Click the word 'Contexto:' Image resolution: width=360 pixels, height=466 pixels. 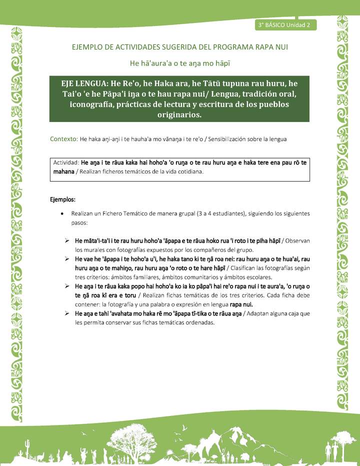pyautogui.click(x=63, y=139)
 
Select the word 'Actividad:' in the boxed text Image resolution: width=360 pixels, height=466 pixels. pyautogui.click(x=66, y=163)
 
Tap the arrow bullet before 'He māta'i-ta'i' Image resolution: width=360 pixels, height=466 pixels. pyautogui.click(x=66, y=241)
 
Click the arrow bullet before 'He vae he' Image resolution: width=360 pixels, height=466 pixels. pyautogui.click(x=66, y=259)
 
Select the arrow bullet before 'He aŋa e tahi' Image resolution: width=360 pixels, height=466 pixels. pyautogui.click(x=66, y=313)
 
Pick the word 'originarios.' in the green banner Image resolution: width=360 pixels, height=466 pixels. pyautogui.click(x=179, y=114)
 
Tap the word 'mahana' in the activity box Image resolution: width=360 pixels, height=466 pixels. pyautogui.click(x=63, y=171)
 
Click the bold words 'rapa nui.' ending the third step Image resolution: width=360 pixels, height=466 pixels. pyautogui.click(x=241, y=304)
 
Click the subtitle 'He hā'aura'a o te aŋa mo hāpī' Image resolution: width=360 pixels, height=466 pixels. pyautogui.click(x=179, y=63)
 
